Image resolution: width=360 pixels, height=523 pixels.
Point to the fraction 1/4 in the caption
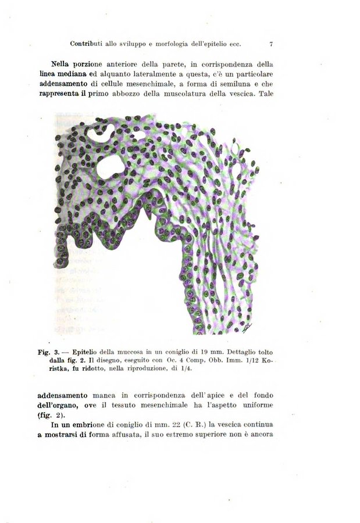[186, 369]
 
